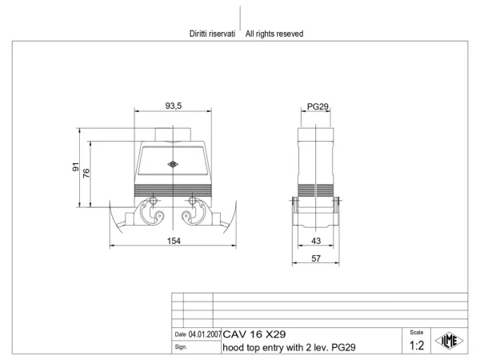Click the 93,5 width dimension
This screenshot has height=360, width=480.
point(174,106)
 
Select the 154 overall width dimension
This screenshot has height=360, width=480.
point(174,241)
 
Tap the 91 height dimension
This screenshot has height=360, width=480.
point(75,167)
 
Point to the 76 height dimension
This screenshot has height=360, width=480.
point(86,173)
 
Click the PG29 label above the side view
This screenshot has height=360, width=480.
point(318,106)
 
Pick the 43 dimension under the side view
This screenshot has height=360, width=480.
point(316,241)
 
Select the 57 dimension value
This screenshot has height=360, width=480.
point(316,258)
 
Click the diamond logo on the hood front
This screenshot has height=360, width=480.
point(173,164)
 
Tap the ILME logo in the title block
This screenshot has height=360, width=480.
point(449,341)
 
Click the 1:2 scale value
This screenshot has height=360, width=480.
point(417,346)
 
